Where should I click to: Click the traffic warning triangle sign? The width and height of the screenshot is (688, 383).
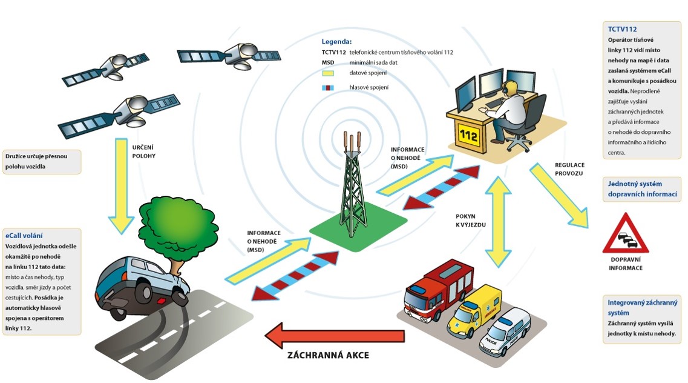tap(625, 235)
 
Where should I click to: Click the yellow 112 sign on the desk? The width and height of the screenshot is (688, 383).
tap(469, 134)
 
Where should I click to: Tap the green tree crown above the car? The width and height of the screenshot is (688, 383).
tap(166, 221)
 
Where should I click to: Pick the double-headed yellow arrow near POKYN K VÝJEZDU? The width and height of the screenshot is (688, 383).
tap(497, 222)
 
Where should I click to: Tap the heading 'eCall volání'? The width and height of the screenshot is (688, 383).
tap(24, 235)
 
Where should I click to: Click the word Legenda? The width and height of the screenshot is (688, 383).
tap(336, 42)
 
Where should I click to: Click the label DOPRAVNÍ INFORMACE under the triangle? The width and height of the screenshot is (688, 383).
tap(626, 264)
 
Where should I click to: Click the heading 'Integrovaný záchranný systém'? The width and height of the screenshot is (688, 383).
tap(642, 307)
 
